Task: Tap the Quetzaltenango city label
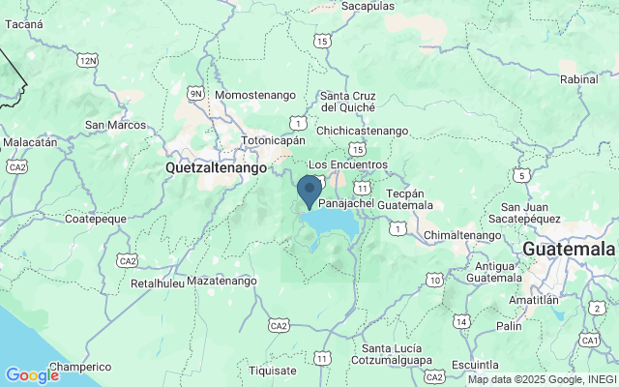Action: click(x=216, y=167)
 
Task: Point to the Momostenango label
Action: click(x=254, y=96)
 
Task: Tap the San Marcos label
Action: click(x=115, y=125)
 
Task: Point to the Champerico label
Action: click(x=80, y=367)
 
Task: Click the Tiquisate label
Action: click(x=273, y=370)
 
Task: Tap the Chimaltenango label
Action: click(x=462, y=235)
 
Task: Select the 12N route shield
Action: click(x=89, y=61)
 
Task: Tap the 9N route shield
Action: click(x=196, y=93)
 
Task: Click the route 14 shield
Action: click(x=462, y=321)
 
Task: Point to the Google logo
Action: click(x=32, y=375)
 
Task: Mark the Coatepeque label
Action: click(x=96, y=220)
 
